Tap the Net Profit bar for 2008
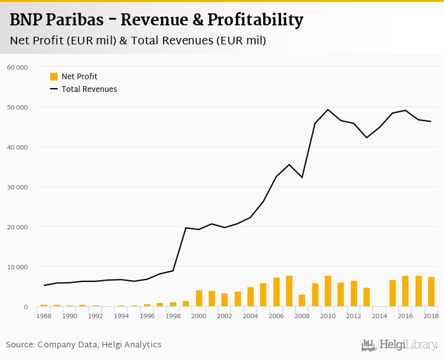pos(302,300)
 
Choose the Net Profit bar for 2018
pos(431,292)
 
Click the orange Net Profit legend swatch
pos(54,77)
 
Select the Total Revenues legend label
pos(89,89)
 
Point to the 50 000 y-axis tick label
pos(18,107)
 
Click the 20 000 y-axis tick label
pos(18,227)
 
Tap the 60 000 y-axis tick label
pos(18,67)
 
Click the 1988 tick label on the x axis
pos(44,316)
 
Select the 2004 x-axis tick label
pos(251,316)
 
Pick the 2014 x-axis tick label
pos(379,316)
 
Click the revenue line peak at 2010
pos(328,110)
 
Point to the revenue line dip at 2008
pos(302,177)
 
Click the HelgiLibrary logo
pos(400,345)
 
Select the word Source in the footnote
pos(20,345)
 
